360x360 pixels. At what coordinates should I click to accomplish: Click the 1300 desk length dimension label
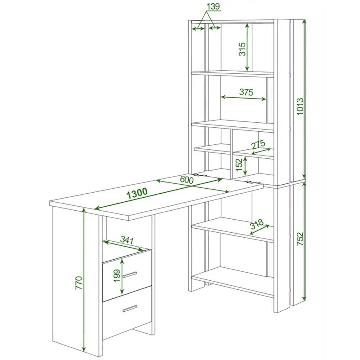point(137,193)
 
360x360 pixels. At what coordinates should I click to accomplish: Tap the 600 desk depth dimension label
point(186,179)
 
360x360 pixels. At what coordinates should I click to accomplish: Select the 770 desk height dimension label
point(79,283)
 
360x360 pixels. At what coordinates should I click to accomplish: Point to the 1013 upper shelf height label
point(300,107)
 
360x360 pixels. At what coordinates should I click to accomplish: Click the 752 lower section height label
point(300,239)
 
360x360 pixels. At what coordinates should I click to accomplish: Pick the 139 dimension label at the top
point(213,6)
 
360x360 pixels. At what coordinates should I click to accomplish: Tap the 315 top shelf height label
point(242,49)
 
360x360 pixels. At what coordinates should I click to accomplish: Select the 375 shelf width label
point(246,92)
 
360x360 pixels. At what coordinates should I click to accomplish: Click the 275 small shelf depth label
point(258,144)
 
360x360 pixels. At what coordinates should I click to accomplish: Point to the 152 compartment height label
point(239,165)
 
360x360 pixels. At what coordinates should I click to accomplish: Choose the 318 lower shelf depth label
point(257,224)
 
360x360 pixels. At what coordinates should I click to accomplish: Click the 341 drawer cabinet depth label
point(127,240)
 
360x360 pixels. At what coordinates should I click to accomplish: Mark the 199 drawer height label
point(117,275)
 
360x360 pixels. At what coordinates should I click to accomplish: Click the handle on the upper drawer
point(130,275)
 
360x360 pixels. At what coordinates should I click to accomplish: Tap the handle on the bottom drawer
point(130,309)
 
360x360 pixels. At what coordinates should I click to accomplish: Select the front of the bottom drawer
point(127,312)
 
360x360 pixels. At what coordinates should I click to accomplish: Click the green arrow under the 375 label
point(243,98)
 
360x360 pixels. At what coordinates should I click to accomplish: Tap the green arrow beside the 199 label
point(122,276)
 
